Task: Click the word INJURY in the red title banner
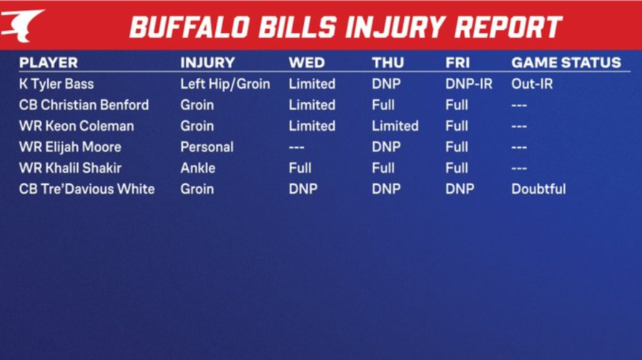(395, 27)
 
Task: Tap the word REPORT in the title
(508, 27)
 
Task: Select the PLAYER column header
(48, 62)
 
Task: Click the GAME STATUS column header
(567, 62)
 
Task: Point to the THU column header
(388, 62)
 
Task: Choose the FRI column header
(457, 62)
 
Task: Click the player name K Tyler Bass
(56, 84)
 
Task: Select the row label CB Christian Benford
(84, 105)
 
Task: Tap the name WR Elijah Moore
(70, 147)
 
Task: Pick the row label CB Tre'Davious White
(87, 189)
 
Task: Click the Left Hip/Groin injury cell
(225, 84)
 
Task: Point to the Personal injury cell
(206, 147)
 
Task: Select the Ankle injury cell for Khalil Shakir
(198, 168)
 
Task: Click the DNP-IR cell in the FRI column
(468, 84)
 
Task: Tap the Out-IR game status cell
(532, 84)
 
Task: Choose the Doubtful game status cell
(538, 189)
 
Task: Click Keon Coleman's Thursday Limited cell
(395, 125)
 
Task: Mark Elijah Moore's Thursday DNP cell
(386, 147)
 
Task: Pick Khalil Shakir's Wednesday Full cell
(300, 168)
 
